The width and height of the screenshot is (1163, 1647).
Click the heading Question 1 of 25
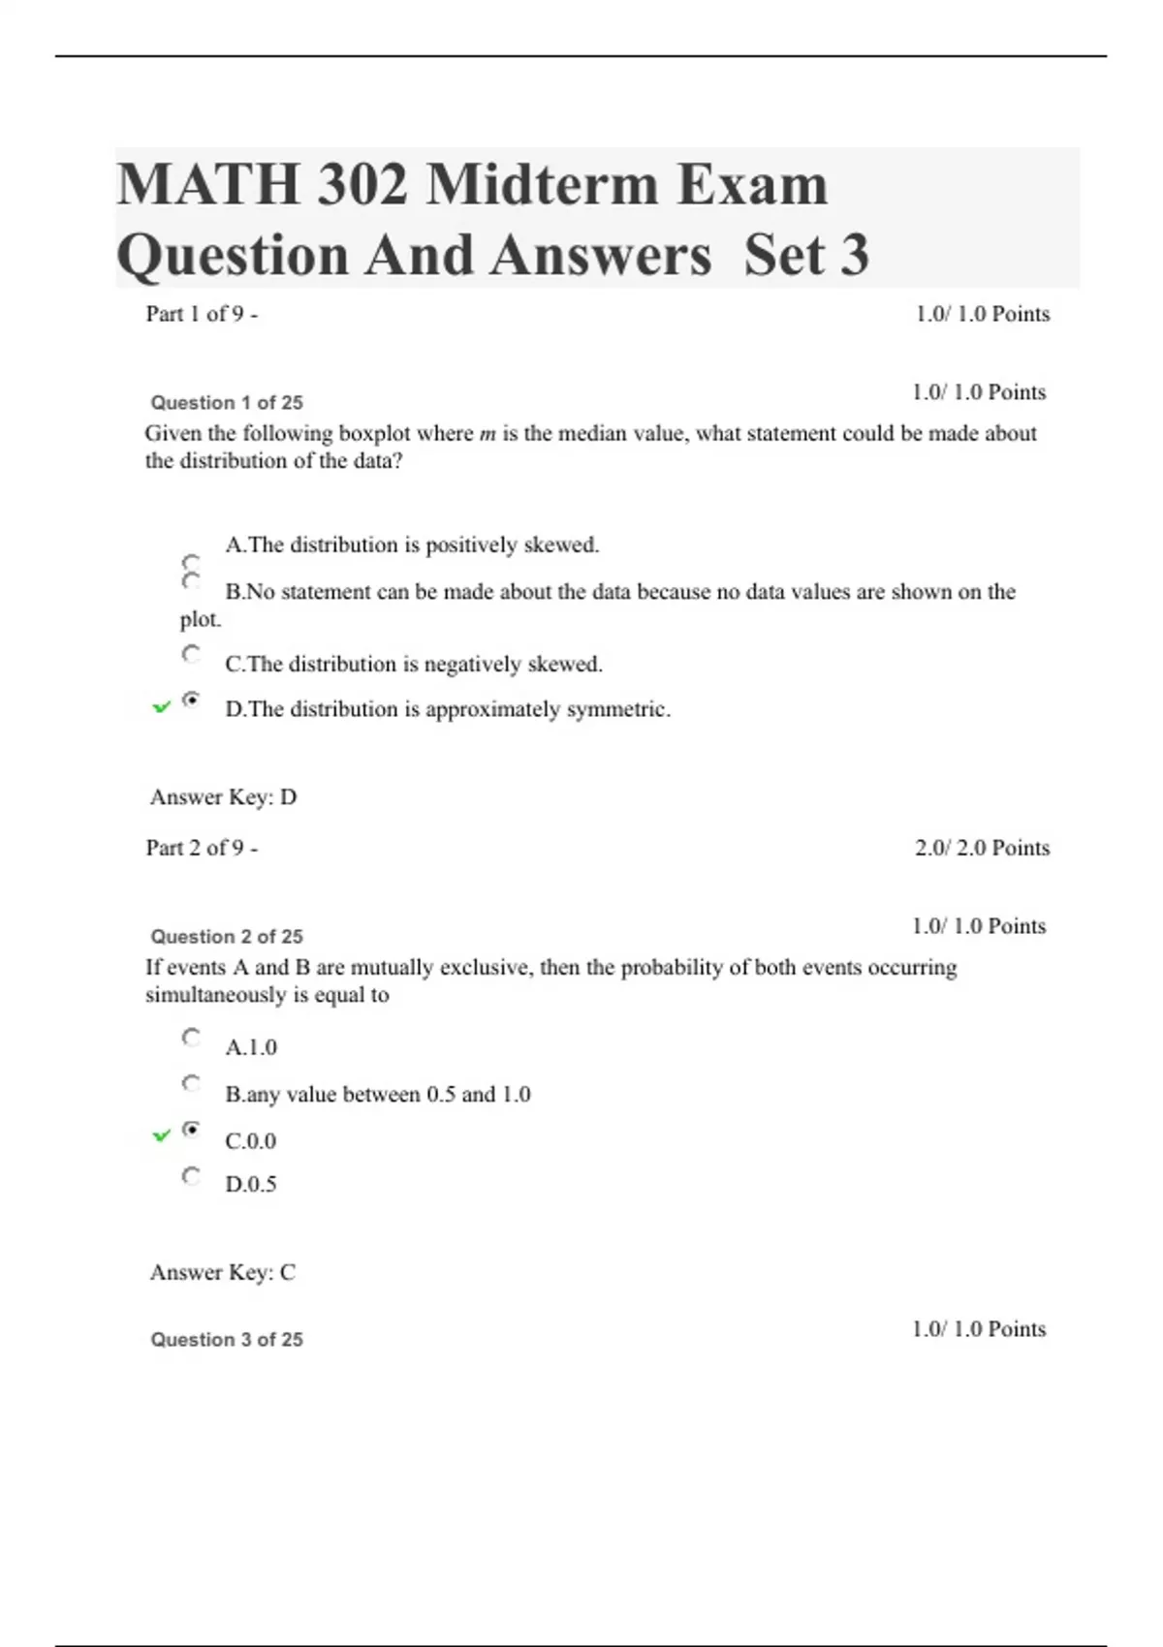coord(227,402)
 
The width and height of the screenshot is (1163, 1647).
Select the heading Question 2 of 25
coord(227,936)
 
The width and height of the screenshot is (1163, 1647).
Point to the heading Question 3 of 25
coord(227,1339)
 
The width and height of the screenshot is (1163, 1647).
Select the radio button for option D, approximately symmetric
coord(192,699)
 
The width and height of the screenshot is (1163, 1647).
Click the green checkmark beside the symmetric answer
coord(162,707)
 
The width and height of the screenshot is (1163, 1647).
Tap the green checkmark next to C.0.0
coord(162,1134)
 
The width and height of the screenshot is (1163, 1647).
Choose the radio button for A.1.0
coord(192,1038)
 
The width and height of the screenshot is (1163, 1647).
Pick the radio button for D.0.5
coord(192,1176)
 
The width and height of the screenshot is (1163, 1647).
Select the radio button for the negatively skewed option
coord(192,655)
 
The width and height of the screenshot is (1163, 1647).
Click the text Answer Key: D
coord(223,796)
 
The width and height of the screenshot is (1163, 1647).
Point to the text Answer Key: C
coord(223,1271)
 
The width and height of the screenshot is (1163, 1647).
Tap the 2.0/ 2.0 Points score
coord(982,848)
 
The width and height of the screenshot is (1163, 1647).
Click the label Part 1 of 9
coord(202,314)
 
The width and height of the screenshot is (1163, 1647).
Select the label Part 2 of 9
coord(202,848)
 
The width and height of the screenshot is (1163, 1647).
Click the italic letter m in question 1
coord(487,434)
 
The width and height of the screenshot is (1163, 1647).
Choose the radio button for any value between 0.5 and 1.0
coord(192,1083)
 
